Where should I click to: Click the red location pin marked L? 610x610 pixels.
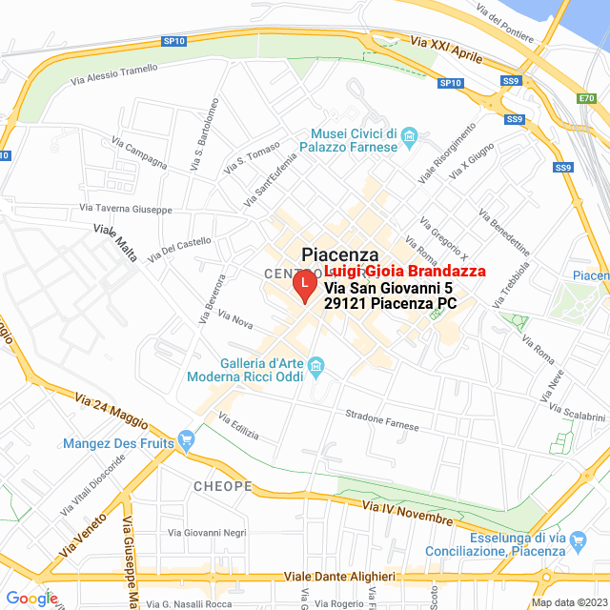coord(303,284)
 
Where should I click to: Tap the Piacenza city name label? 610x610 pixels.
coord(340,254)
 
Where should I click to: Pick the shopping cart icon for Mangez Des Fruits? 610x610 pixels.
coord(186,441)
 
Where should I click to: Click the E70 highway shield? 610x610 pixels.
coord(586,97)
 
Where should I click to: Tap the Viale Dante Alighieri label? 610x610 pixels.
coord(339,578)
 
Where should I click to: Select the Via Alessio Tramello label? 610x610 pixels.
coord(113,75)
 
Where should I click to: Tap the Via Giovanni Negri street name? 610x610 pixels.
coord(208,533)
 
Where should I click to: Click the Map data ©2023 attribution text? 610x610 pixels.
coord(568,602)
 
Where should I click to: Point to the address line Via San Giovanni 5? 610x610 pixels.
coord(388,288)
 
